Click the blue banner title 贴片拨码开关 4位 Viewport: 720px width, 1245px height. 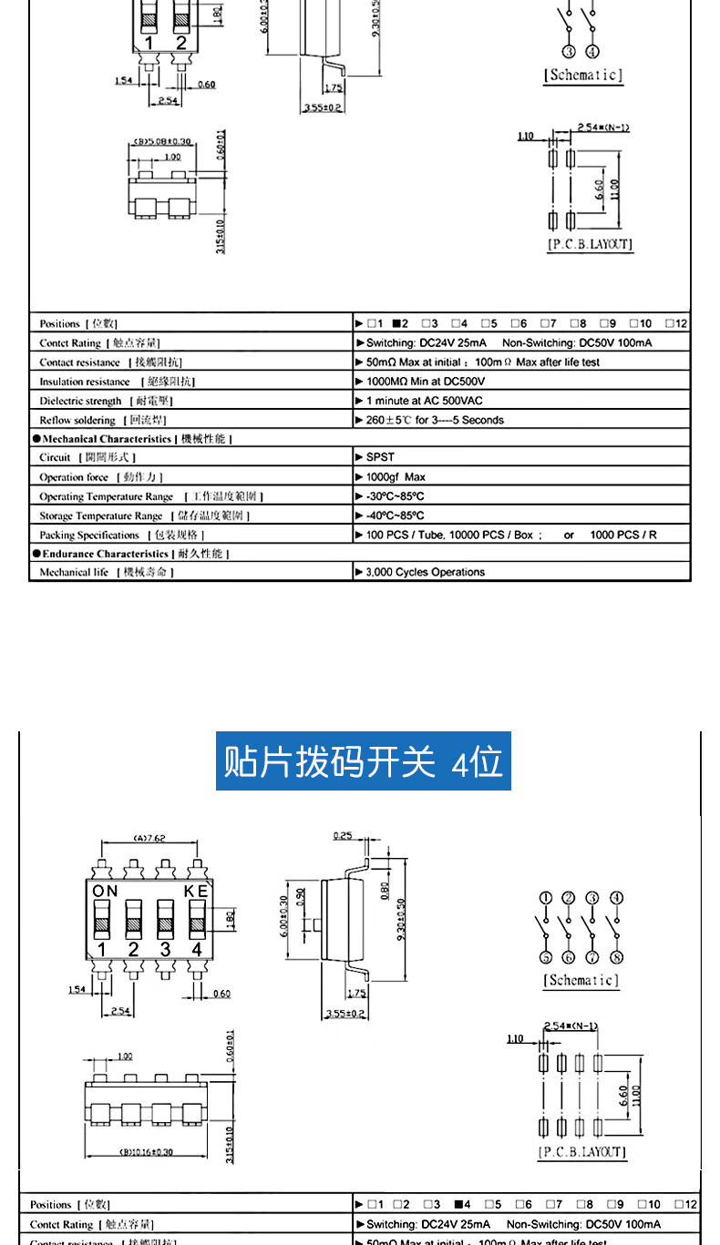pos(363,761)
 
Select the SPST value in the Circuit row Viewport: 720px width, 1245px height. pos(380,457)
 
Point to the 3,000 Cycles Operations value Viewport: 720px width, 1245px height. pos(425,572)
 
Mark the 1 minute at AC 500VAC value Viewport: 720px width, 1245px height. pos(424,401)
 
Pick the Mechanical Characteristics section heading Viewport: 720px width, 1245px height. pos(132,439)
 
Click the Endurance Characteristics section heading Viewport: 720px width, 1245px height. pos(130,553)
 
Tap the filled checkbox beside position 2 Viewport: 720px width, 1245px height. pos(397,323)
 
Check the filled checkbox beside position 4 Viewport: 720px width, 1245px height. pos(458,1203)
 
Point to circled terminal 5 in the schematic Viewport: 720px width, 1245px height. pos(545,957)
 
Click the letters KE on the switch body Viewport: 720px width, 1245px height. pos(196,891)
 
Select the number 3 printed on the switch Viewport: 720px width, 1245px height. pos(165,949)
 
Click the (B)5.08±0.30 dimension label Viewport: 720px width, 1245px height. pos(163,141)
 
